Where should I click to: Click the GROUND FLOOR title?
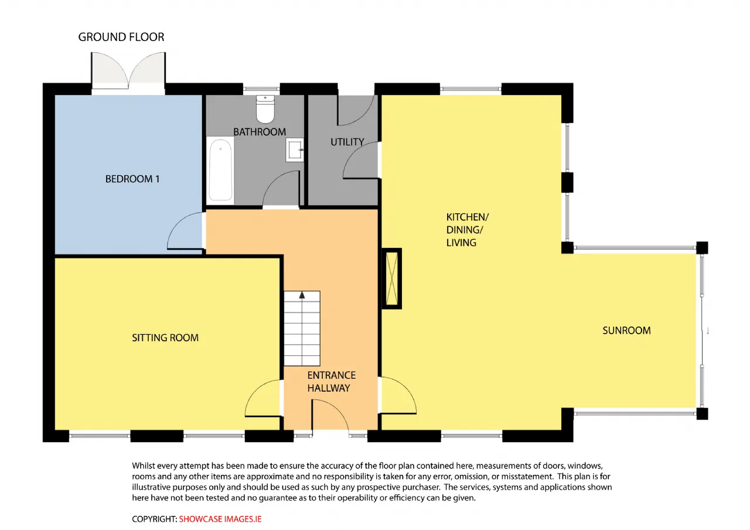tap(121, 37)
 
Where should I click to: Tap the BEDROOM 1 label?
tap(132, 179)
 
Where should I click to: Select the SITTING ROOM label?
tap(165, 338)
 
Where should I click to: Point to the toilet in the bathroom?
tap(265, 109)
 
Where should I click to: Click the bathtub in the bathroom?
tap(220, 170)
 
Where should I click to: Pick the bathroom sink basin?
tap(295, 150)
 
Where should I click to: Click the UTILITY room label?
tap(347, 142)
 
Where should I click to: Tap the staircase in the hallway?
tap(302, 328)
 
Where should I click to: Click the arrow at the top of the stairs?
tap(302, 295)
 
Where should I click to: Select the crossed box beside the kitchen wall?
tap(392, 278)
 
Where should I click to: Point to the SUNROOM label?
tap(626, 331)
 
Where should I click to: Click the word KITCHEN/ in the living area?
tap(468, 217)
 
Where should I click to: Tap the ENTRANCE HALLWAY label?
tap(332, 382)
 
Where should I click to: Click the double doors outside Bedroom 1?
tap(128, 71)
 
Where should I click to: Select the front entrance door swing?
tap(330, 416)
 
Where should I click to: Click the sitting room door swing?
tap(264, 398)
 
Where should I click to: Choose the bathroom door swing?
tap(281, 189)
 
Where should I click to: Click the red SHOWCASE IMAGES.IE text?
tap(220, 519)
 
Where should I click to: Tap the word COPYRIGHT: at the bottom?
tap(154, 519)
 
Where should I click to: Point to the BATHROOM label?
tap(260, 132)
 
